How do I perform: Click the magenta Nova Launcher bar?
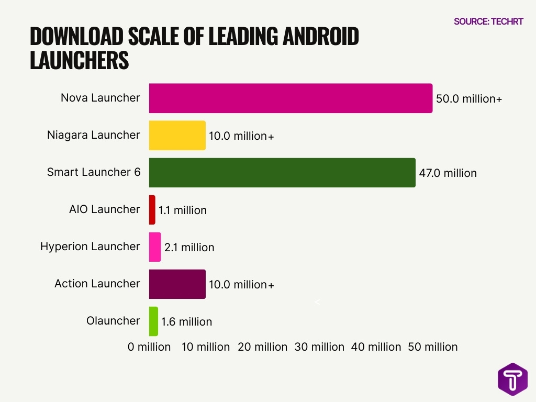point(291,98)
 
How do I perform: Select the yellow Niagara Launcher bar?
point(177,136)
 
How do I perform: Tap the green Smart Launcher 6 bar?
point(282,173)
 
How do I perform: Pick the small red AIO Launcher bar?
point(152,210)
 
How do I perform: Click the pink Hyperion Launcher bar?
point(155,247)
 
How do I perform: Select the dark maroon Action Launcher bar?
point(177,284)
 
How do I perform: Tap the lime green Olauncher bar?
point(153,321)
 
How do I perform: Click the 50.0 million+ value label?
point(469,99)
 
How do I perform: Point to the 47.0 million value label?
point(448,173)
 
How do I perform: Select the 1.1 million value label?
point(183,210)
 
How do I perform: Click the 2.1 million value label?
point(189,248)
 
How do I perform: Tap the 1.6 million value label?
point(187,322)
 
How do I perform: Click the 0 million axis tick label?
point(149,347)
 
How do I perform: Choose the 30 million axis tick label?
point(319,347)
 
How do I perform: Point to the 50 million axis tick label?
point(432,347)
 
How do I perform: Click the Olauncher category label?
point(113,321)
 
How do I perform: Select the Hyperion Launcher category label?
point(90,247)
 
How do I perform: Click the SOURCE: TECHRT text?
point(488,21)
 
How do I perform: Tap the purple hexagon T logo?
point(512,379)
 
